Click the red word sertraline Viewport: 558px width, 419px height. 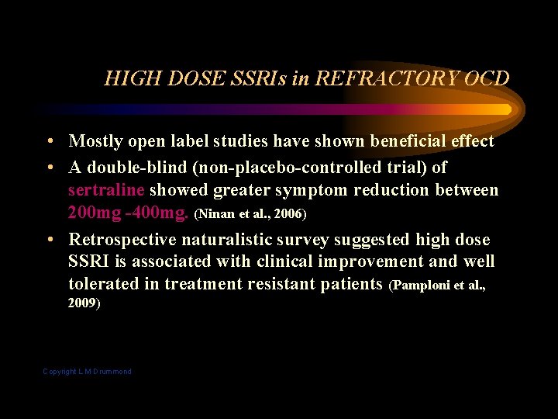pyautogui.click(x=106, y=189)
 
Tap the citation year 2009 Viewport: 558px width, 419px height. pyautogui.click(x=83, y=303)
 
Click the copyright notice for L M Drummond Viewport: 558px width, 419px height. pyautogui.click(x=87, y=372)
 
